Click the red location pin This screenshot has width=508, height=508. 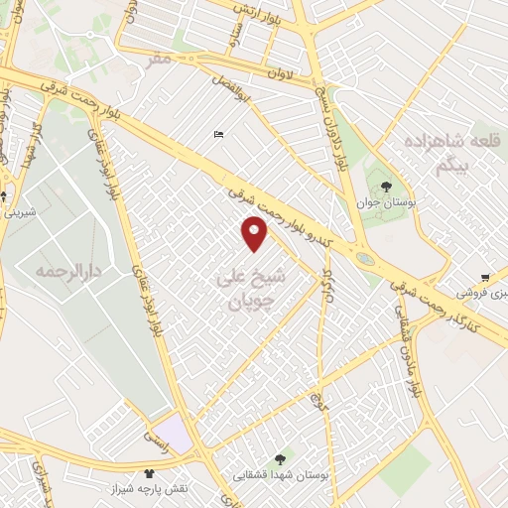(x=255, y=232)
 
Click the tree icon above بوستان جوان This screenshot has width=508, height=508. (x=387, y=186)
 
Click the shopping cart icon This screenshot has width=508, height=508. (x=484, y=278)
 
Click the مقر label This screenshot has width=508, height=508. (x=162, y=62)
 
